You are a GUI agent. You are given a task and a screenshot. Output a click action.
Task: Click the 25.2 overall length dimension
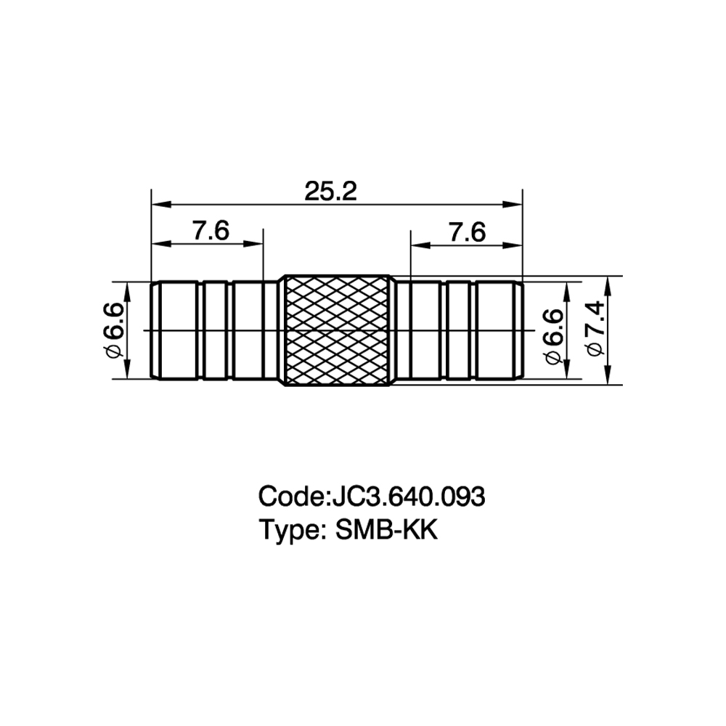[330, 191]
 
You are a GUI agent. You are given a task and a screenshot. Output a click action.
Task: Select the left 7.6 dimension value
[211, 231]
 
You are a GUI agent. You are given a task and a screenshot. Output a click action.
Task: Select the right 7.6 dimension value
[467, 232]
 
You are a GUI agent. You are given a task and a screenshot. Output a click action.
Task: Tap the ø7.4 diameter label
[596, 328]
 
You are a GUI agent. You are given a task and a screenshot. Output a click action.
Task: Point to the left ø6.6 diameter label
[114, 330]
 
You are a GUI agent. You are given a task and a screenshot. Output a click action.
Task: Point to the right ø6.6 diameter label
[554, 336]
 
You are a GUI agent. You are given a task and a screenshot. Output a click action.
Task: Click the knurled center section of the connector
[337, 330]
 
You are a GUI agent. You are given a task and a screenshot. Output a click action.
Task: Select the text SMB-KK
[386, 530]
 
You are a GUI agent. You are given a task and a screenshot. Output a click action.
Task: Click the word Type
[289, 531]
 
